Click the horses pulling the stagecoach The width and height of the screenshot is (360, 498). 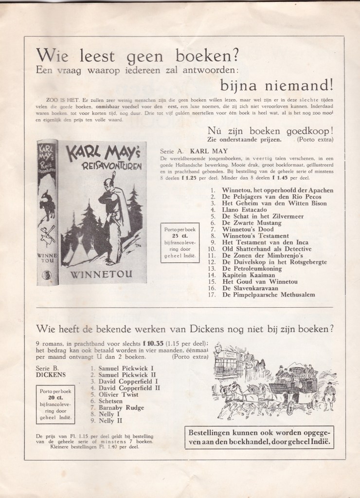point(239,389)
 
